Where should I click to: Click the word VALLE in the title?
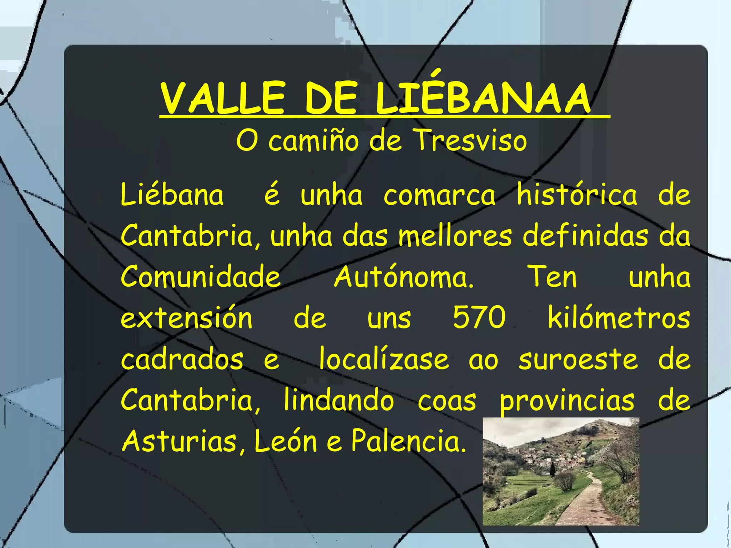coord(223,98)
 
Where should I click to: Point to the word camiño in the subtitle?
coord(313,141)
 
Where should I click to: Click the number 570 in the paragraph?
coord(479,317)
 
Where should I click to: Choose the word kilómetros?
coord(619,317)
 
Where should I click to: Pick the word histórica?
coord(577,195)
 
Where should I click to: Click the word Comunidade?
coord(201,277)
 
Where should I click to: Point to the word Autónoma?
coord(404,277)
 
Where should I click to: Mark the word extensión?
coord(186,317)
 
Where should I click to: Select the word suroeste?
coord(578,360)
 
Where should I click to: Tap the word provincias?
coord(567,401)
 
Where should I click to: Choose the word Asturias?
coord(179,441)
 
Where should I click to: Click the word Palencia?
coord(409,441)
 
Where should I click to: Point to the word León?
coord(286,441)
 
